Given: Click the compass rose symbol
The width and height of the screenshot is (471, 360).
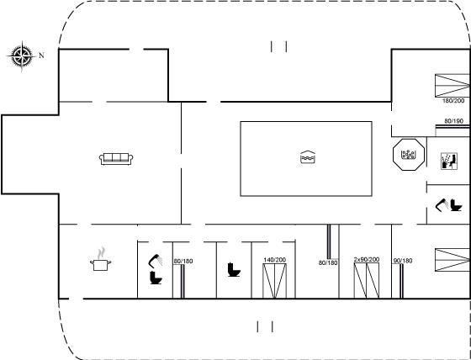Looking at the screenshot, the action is pyautogui.click(x=22, y=56).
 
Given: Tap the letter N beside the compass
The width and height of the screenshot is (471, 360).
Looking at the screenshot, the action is pyautogui.click(x=41, y=56).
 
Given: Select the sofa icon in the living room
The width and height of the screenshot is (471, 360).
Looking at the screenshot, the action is pyautogui.click(x=116, y=159).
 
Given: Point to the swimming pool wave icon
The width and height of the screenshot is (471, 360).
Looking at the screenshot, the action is pyautogui.click(x=308, y=157).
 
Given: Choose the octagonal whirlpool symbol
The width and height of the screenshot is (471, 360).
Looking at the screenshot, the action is pyautogui.click(x=409, y=155).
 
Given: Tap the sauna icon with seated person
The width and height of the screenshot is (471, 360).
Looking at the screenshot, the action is pyautogui.click(x=449, y=161).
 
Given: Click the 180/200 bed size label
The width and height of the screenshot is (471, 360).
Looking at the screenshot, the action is pyautogui.click(x=453, y=101).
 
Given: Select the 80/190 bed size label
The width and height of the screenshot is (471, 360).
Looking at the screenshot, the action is pyautogui.click(x=454, y=121).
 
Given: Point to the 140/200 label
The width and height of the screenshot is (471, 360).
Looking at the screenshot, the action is pyautogui.click(x=274, y=260).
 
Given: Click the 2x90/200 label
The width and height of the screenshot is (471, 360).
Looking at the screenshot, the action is pyautogui.click(x=367, y=259).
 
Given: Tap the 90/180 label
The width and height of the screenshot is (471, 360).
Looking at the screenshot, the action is pyautogui.click(x=403, y=261).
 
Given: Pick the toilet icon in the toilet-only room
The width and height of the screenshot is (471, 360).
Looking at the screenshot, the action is pyautogui.click(x=234, y=269).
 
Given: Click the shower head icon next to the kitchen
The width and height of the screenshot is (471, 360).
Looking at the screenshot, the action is pyautogui.click(x=155, y=261).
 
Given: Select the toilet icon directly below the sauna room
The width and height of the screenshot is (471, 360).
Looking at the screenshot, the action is pyautogui.click(x=456, y=205).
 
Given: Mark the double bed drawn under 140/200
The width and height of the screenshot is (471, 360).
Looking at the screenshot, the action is pyautogui.click(x=274, y=281).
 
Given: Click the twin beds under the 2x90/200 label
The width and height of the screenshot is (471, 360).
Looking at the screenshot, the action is pyautogui.click(x=367, y=281).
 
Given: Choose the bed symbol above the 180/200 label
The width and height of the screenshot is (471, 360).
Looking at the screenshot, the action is pyautogui.click(x=452, y=85).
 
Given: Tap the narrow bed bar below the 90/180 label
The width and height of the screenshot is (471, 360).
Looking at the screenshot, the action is pyautogui.click(x=401, y=281).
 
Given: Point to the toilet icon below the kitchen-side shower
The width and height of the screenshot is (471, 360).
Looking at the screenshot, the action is pyautogui.click(x=156, y=278).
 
